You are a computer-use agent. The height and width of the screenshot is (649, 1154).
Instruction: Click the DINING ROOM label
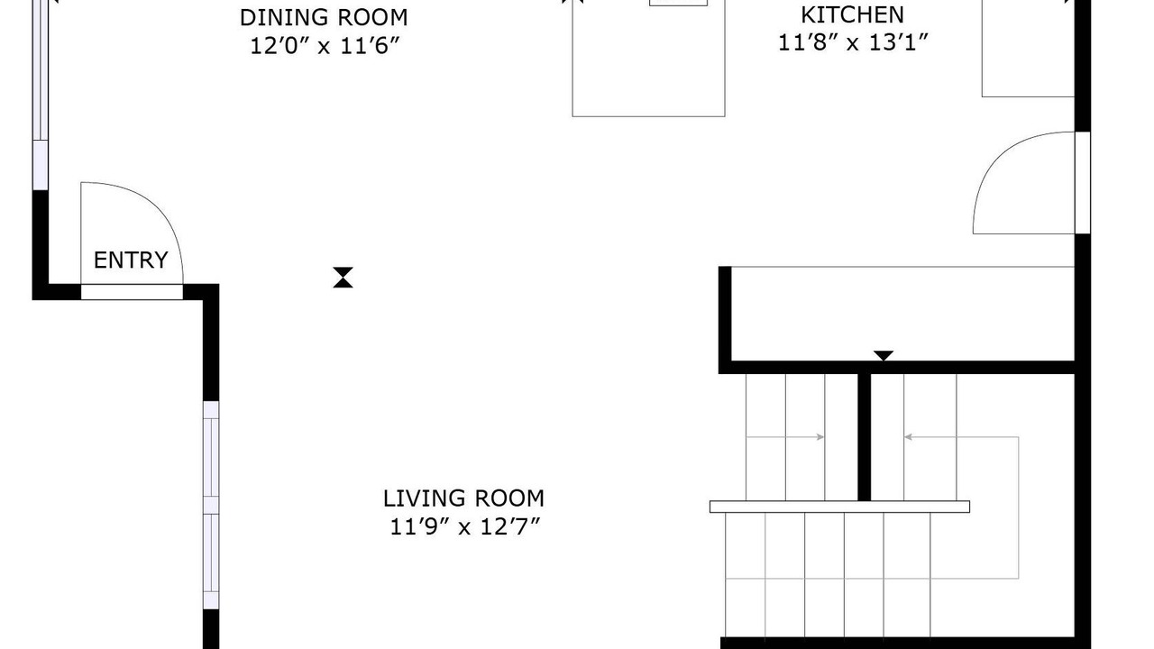(x=324, y=17)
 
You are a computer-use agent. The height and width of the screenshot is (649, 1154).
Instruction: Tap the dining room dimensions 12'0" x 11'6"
(x=325, y=46)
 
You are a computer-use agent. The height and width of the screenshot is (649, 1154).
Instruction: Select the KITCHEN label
(x=853, y=15)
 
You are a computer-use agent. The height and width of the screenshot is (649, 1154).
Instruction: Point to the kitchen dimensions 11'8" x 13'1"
(x=853, y=42)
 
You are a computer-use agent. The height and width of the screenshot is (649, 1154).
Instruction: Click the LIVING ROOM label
(x=463, y=498)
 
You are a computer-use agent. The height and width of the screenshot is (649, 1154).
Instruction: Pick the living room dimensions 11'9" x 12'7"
(x=464, y=527)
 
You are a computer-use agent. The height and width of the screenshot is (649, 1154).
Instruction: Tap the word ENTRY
(x=131, y=261)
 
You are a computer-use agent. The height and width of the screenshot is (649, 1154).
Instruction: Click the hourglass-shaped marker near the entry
(x=343, y=277)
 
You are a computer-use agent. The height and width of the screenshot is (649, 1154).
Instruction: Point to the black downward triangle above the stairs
(x=884, y=355)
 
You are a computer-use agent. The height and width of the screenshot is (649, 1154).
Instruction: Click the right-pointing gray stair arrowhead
(x=820, y=437)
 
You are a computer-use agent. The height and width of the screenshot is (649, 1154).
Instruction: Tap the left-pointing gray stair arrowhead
(x=908, y=437)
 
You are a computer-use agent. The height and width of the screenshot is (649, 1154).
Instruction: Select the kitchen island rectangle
(x=648, y=59)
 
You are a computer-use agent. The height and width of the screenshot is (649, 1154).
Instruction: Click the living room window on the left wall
(x=211, y=505)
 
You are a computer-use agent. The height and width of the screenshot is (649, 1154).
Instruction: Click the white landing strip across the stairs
(x=839, y=507)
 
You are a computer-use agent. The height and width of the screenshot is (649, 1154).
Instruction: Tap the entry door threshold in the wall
(x=132, y=292)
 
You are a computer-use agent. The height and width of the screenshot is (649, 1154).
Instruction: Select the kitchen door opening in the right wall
(x=1083, y=183)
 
